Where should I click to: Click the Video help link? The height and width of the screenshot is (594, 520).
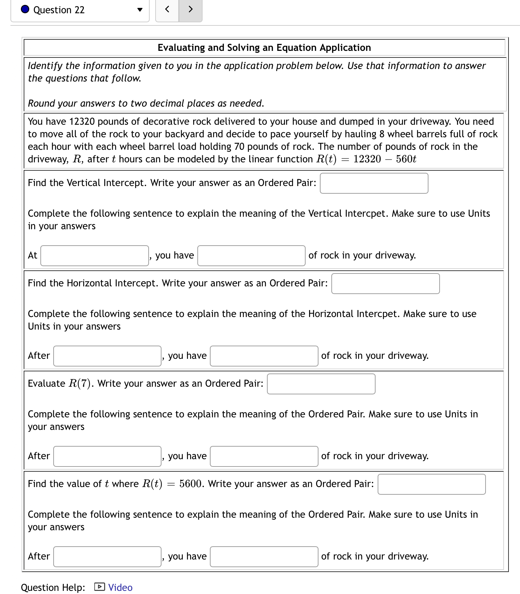(x=120, y=587)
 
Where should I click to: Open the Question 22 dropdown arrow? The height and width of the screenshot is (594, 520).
(x=140, y=10)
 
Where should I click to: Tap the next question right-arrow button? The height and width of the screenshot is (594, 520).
(x=190, y=9)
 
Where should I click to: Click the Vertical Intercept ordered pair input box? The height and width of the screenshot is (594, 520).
(x=374, y=183)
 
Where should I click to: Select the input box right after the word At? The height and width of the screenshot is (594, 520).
(x=95, y=256)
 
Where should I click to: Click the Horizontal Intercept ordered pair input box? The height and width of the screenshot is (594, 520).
(x=385, y=284)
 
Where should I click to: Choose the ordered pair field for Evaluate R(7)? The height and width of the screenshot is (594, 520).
(x=321, y=384)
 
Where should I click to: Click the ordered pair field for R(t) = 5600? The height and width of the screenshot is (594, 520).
(x=432, y=484)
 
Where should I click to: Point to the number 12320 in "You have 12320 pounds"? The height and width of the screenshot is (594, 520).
(x=82, y=122)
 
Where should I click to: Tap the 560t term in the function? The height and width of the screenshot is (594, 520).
(x=406, y=159)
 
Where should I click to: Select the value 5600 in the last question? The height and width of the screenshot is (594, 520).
(x=190, y=484)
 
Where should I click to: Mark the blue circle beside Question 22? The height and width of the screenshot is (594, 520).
(x=25, y=9)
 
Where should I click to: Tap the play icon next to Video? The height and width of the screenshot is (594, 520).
(x=99, y=587)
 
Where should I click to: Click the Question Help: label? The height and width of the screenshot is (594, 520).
(x=53, y=587)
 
